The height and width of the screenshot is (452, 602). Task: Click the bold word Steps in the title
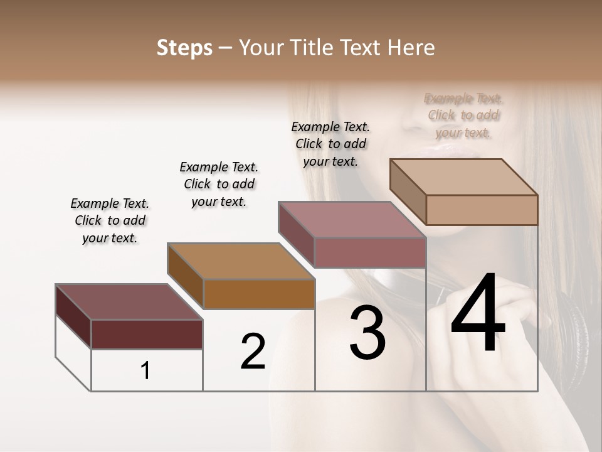click(184, 48)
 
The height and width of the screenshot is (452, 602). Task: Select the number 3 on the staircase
click(367, 333)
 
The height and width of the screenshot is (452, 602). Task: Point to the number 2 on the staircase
click(253, 352)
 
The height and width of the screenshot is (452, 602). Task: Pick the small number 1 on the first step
click(145, 371)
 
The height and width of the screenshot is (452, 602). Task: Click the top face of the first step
click(129, 302)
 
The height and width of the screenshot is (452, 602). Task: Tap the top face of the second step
click(241, 261)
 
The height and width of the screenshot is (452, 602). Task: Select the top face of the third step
click(352, 220)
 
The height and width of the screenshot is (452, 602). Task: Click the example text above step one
click(110, 220)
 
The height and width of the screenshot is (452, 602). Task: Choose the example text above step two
click(219, 184)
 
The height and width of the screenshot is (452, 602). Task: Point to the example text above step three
click(330, 144)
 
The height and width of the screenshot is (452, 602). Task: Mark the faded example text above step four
click(463, 116)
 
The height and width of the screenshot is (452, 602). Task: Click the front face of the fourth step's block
click(482, 210)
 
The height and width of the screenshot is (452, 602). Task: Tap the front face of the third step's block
click(370, 252)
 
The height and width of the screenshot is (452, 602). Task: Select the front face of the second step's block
click(259, 294)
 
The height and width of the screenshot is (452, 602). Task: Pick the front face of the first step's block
click(147, 334)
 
